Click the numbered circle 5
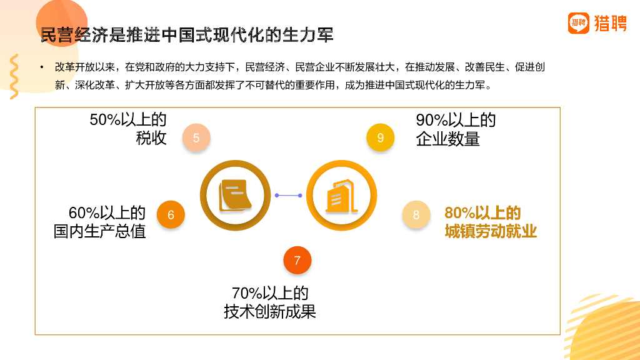[x=196, y=138]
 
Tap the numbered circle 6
[x=171, y=215]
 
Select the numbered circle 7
[x=297, y=260]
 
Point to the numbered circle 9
[x=381, y=138]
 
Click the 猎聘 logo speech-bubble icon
[x=579, y=24]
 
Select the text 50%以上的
[x=128, y=120]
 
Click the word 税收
[x=151, y=138]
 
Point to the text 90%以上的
[x=456, y=120]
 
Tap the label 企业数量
[x=447, y=139]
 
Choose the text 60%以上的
[x=107, y=213]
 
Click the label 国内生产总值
[x=100, y=232]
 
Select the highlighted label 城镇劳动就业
[x=491, y=232]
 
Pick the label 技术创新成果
[x=270, y=311]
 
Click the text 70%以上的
[x=270, y=292]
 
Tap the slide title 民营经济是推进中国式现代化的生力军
[x=187, y=34]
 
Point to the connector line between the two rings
[x=288, y=196]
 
